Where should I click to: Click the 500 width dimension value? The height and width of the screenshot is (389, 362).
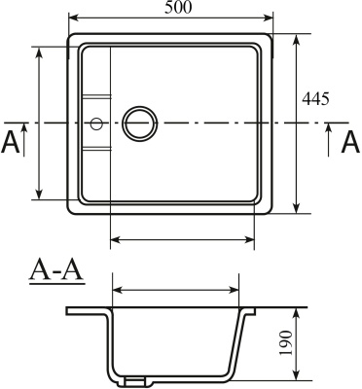178,9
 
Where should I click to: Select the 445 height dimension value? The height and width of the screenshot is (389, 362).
316,99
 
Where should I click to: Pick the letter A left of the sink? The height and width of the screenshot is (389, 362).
11,143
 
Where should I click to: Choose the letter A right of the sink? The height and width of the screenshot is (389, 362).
350,143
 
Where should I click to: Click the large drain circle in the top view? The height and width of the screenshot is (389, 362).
139,124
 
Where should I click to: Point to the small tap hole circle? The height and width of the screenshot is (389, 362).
95,124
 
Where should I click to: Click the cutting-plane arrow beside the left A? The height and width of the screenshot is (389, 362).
21,129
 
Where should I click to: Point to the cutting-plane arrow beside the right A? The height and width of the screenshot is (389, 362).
329,129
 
